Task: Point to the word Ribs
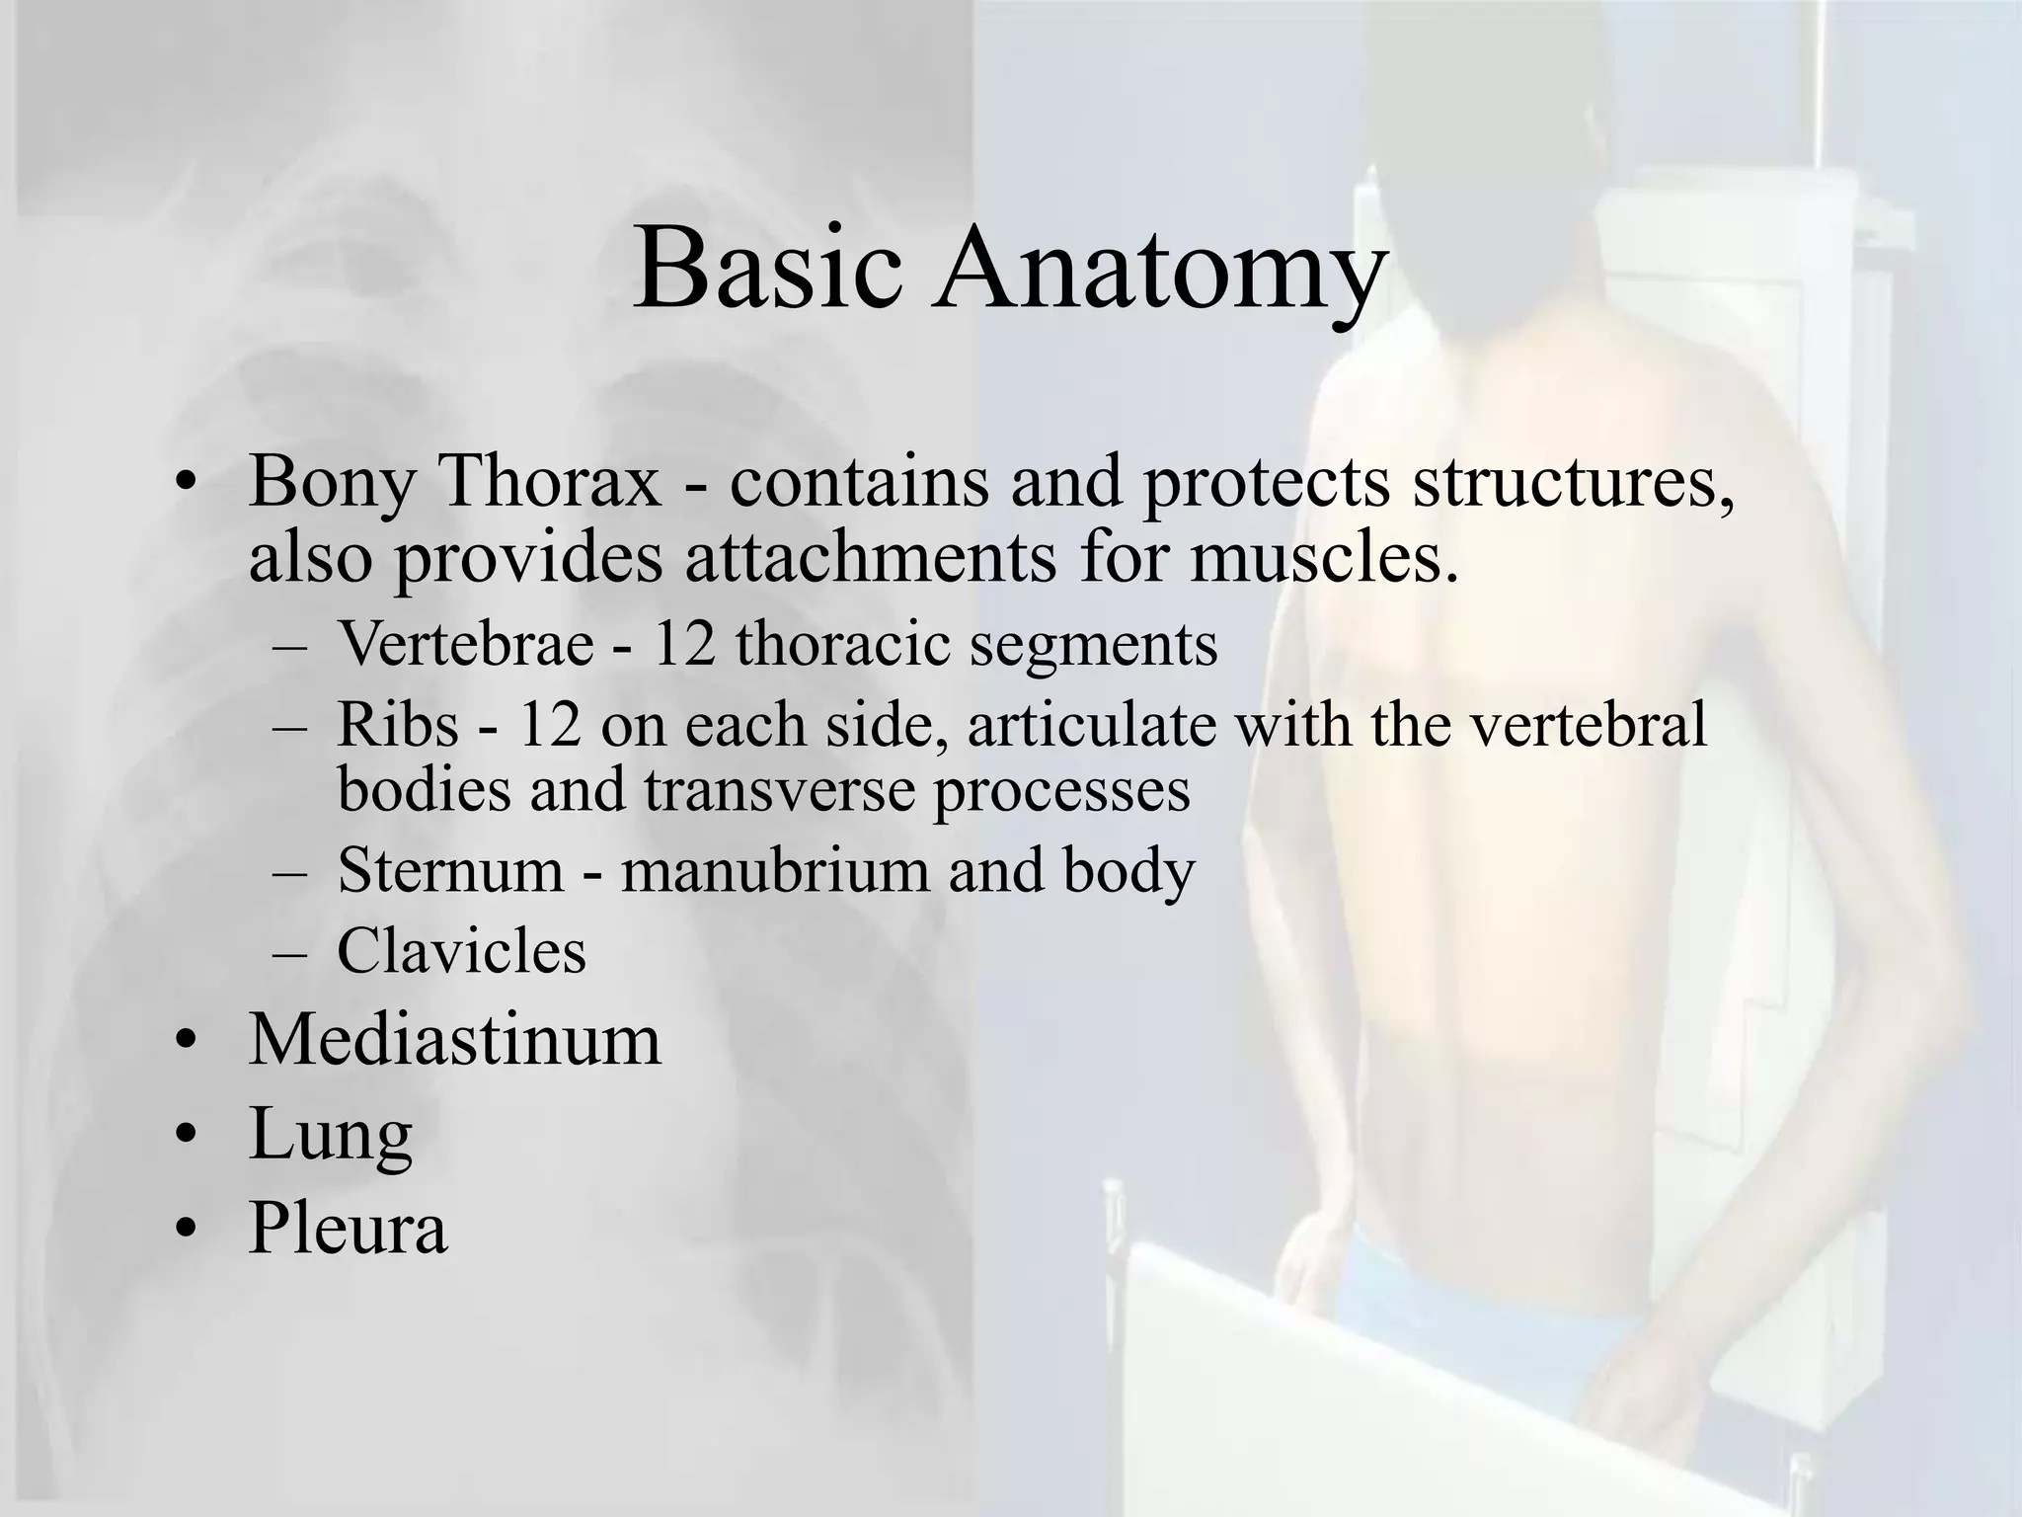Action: pyautogui.click(x=398, y=725)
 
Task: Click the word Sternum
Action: pyautogui.click(x=450, y=871)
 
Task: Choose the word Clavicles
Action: pyautogui.click(x=461, y=952)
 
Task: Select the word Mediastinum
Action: pyautogui.click(x=454, y=1040)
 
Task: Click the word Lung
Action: pyautogui.click(x=330, y=1135)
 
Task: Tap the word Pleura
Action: pyautogui.click(x=348, y=1228)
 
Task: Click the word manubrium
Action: pyautogui.click(x=775, y=871)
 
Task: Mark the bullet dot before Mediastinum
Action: pyautogui.click(x=185, y=1043)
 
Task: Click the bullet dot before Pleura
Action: pyautogui.click(x=185, y=1231)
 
